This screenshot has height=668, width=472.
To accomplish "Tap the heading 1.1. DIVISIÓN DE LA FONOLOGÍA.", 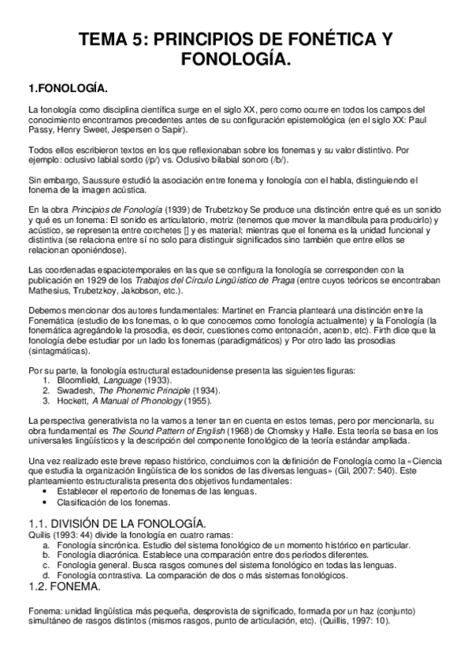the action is [117, 523].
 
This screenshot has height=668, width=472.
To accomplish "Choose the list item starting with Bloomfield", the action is [107, 380].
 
